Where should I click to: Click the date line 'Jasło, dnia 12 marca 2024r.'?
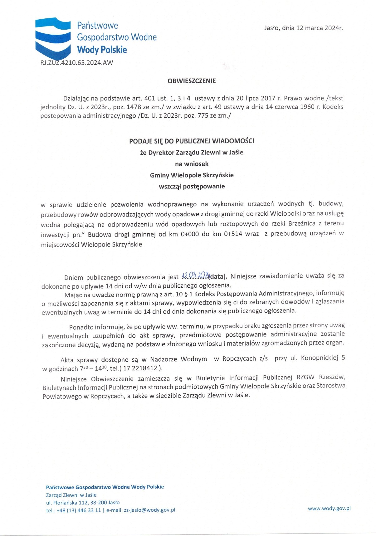303,28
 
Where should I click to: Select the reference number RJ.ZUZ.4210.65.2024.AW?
77,63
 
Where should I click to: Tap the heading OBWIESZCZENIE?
192,81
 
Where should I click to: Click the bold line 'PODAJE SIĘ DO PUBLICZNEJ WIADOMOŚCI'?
192,141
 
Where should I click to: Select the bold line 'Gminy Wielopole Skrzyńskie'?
192,175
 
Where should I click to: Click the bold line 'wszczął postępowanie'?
192,187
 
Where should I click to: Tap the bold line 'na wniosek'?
192,164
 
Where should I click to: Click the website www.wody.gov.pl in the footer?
329,508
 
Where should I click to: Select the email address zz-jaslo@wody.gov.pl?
149,510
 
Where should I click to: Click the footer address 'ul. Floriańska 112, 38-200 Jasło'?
83,503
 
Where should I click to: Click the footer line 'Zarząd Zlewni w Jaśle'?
71,495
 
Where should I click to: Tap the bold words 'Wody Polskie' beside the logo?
102,50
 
